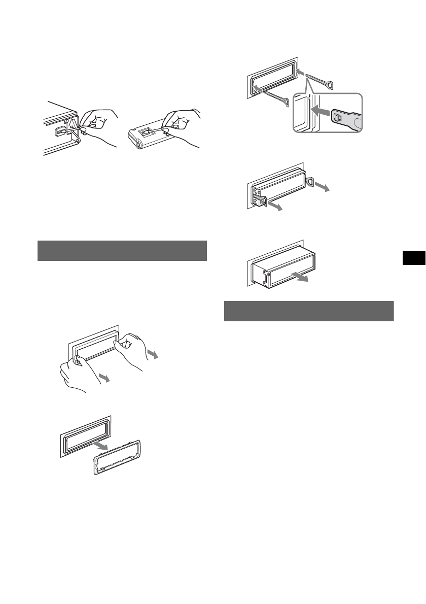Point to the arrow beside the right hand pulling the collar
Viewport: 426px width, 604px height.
coord(152,354)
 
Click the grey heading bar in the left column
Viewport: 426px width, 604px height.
coord(122,250)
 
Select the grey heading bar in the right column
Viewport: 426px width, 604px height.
coord(309,311)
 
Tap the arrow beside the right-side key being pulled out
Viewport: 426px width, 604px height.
coord(321,187)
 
